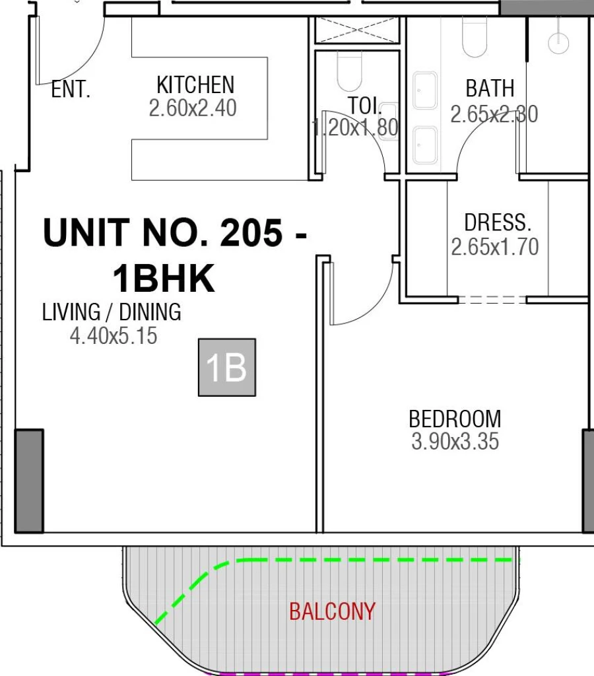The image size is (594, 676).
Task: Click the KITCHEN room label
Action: (x=195, y=85)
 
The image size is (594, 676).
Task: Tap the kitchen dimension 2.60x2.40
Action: (x=192, y=108)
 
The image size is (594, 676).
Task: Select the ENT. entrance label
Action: (x=71, y=90)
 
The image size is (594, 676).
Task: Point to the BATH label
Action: (x=490, y=88)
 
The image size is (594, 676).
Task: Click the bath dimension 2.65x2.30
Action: (x=494, y=115)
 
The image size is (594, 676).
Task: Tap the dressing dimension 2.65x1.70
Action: (x=494, y=247)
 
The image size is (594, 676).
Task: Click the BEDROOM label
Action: (x=455, y=419)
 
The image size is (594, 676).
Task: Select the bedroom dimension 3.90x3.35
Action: (x=455, y=442)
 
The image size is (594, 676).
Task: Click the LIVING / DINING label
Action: (x=112, y=312)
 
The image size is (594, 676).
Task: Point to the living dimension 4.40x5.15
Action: (x=114, y=336)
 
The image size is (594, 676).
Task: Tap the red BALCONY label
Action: (x=332, y=612)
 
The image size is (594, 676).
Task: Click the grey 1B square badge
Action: (x=226, y=368)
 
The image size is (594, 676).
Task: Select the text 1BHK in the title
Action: (x=164, y=279)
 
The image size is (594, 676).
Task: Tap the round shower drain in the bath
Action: (x=558, y=41)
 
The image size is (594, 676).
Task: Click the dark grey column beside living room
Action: (x=29, y=481)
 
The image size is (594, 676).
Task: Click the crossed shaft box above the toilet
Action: (x=357, y=30)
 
